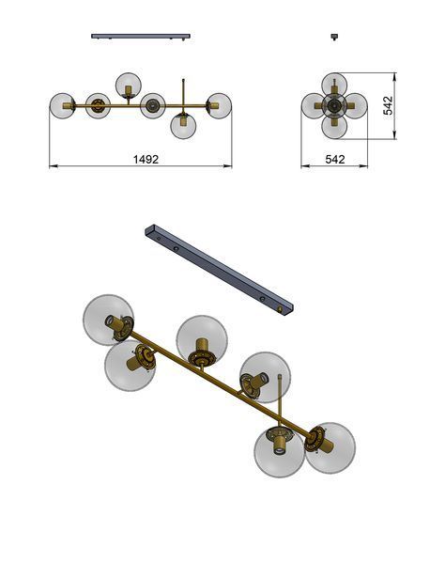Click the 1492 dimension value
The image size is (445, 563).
[146, 159]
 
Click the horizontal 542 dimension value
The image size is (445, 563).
[335, 159]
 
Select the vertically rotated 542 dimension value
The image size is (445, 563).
[388, 105]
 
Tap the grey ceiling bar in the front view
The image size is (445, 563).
[141, 36]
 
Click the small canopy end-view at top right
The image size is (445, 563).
[334, 37]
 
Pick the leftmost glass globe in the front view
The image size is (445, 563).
[62, 106]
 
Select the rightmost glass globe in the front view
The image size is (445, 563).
[219, 106]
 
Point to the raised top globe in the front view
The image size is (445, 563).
[129, 86]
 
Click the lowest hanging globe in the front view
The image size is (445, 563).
[184, 126]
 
